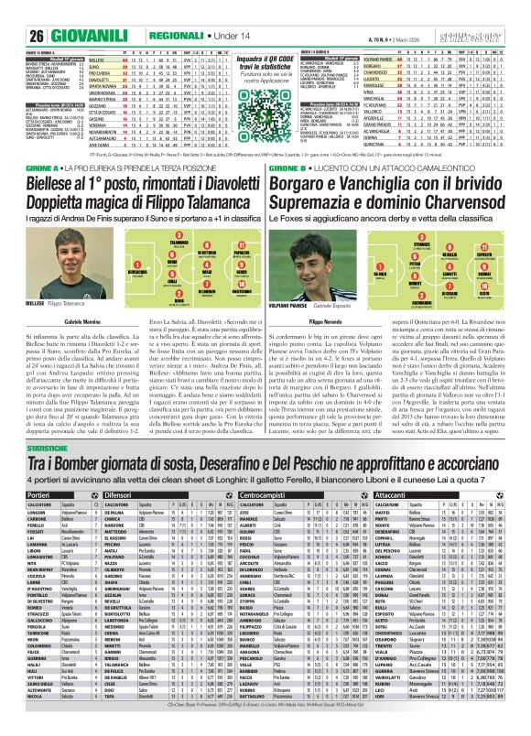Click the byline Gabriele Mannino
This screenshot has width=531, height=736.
pyautogui.click(x=67, y=324)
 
